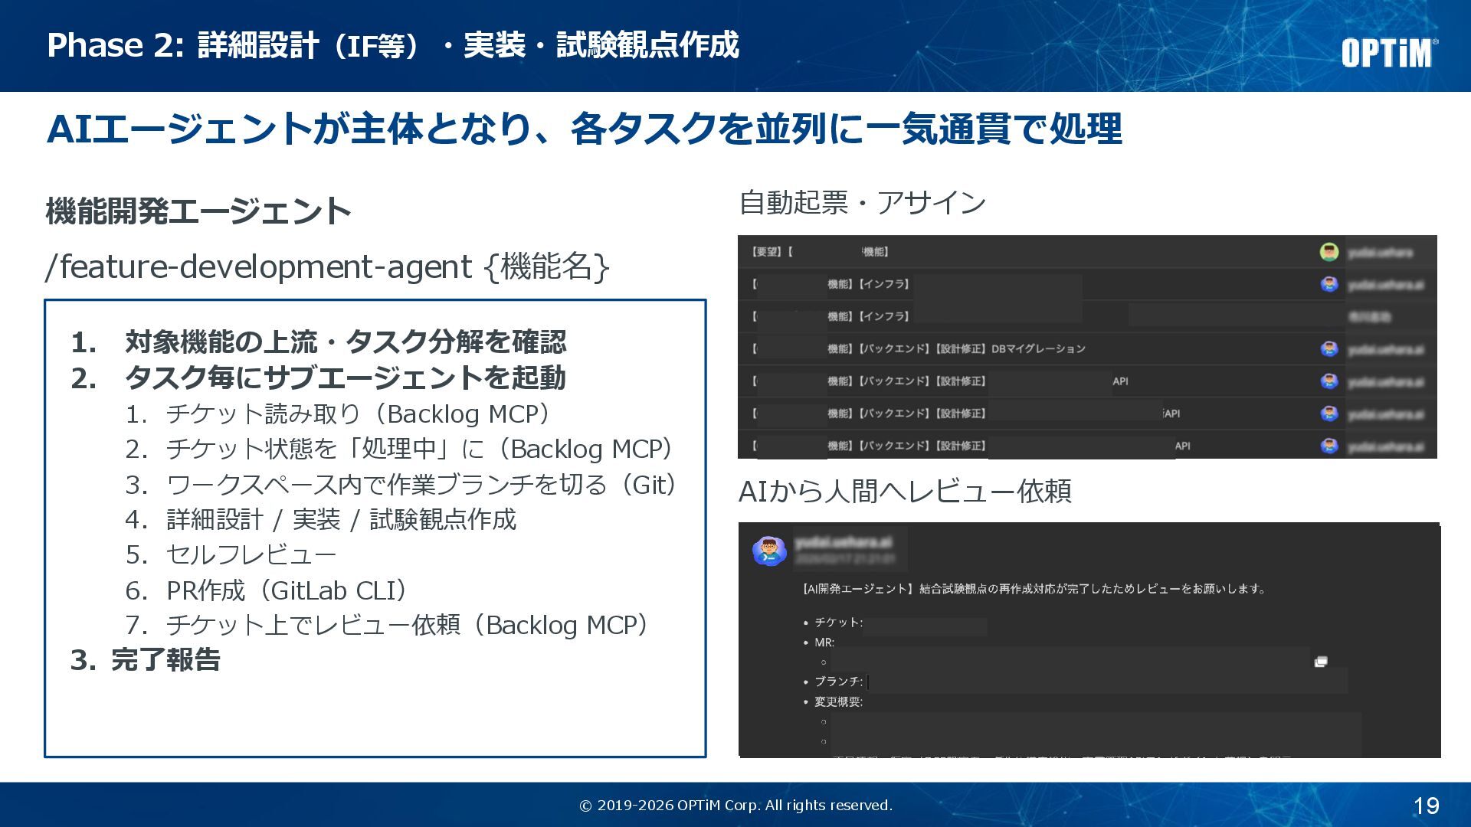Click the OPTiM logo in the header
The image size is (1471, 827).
pos(1388,52)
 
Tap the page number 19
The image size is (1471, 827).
pos(1426,806)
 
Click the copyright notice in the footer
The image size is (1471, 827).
pos(735,806)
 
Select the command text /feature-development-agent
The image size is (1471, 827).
pos(259,266)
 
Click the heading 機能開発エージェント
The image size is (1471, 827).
pos(198,211)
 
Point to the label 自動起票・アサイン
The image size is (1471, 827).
pos(862,203)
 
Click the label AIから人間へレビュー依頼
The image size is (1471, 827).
pos(904,492)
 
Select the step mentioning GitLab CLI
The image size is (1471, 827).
pos(287,590)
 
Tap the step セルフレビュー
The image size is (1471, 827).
pos(251,554)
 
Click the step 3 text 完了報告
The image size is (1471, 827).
pos(165,659)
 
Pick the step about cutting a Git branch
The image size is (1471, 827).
pos(421,485)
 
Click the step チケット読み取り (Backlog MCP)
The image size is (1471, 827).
pos(358,414)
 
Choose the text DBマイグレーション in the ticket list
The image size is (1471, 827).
pos(1038,349)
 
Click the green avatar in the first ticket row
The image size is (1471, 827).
pos(1328,252)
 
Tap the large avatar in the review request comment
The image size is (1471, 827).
pos(769,551)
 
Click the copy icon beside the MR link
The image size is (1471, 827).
pos(1321,662)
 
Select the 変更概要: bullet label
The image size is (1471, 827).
pos(838,701)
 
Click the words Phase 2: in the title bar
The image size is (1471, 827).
pos(116,45)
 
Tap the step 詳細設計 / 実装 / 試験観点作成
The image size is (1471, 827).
pos(341,519)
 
